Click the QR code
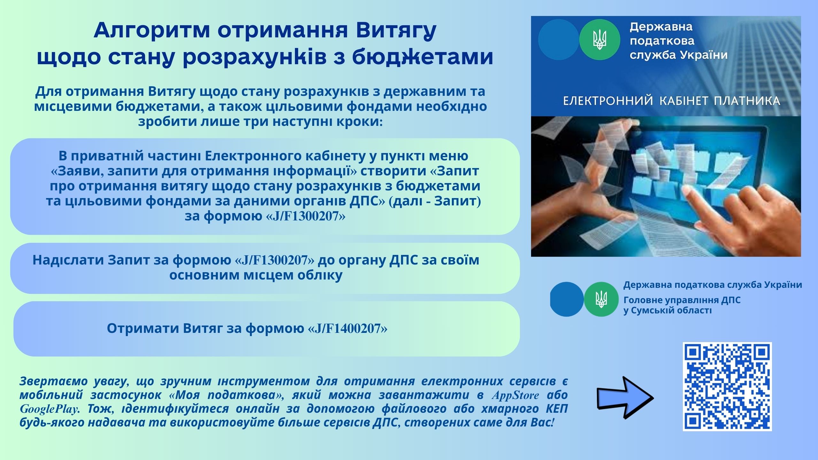[x=727, y=387]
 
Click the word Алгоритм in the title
[x=152, y=30]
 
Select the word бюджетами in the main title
[x=423, y=57]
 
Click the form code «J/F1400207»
[x=347, y=328]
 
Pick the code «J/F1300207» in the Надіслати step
[x=274, y=260]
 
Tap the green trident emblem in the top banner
[x=600, y=40]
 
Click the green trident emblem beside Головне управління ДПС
[x=601, y=299]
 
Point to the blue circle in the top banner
[x=559, y=40]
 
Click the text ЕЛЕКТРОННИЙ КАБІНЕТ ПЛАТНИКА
[x=671, y=101]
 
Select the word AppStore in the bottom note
[x=515, y=395]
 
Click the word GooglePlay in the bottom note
[x=50, y=409]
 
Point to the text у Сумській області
[x=668, y=310]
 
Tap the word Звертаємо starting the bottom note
[x=53, y=381]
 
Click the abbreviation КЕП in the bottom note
[x=557, y=409]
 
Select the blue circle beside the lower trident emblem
[x=567, y=299]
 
